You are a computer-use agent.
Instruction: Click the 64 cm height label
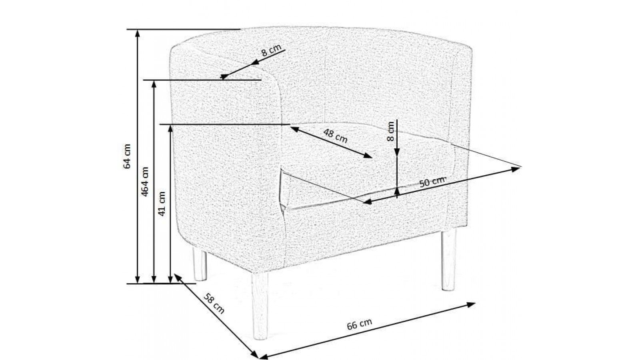pyautogui.click(x=127, y=156)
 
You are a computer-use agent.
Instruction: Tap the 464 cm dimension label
pyautogui.click(x=146, y=182)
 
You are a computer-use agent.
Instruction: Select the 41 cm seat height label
pyautogui.click(x=162, y=204)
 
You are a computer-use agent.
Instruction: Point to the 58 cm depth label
pyautogui.click(x=214, y=304)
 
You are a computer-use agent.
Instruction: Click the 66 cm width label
pyautogui.click(x=360, y=324)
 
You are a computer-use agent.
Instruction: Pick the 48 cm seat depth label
pyautogui.click(x=336, y=136)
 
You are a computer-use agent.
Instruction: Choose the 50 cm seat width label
pyautogui.click(x=432, y=182)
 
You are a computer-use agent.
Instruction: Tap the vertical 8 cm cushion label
pyautogui.click(x=390, y=131)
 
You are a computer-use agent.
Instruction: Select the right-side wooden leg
pyautogui.click(x=448, y=260)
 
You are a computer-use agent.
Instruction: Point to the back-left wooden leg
pyautogui.click(x=200, y=264)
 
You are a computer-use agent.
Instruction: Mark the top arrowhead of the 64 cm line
pyautogui.click(x=138, y=33)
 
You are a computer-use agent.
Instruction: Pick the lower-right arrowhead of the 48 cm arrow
pyautogui.click(x=368, y=156)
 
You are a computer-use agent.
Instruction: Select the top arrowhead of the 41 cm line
pyautogui.click(x=170, y=128)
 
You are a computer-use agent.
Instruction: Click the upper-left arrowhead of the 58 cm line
pyautogui.click(x=178, y=277)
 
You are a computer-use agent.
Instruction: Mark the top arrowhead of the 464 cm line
pyautogui.click(x=154, y=84)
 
